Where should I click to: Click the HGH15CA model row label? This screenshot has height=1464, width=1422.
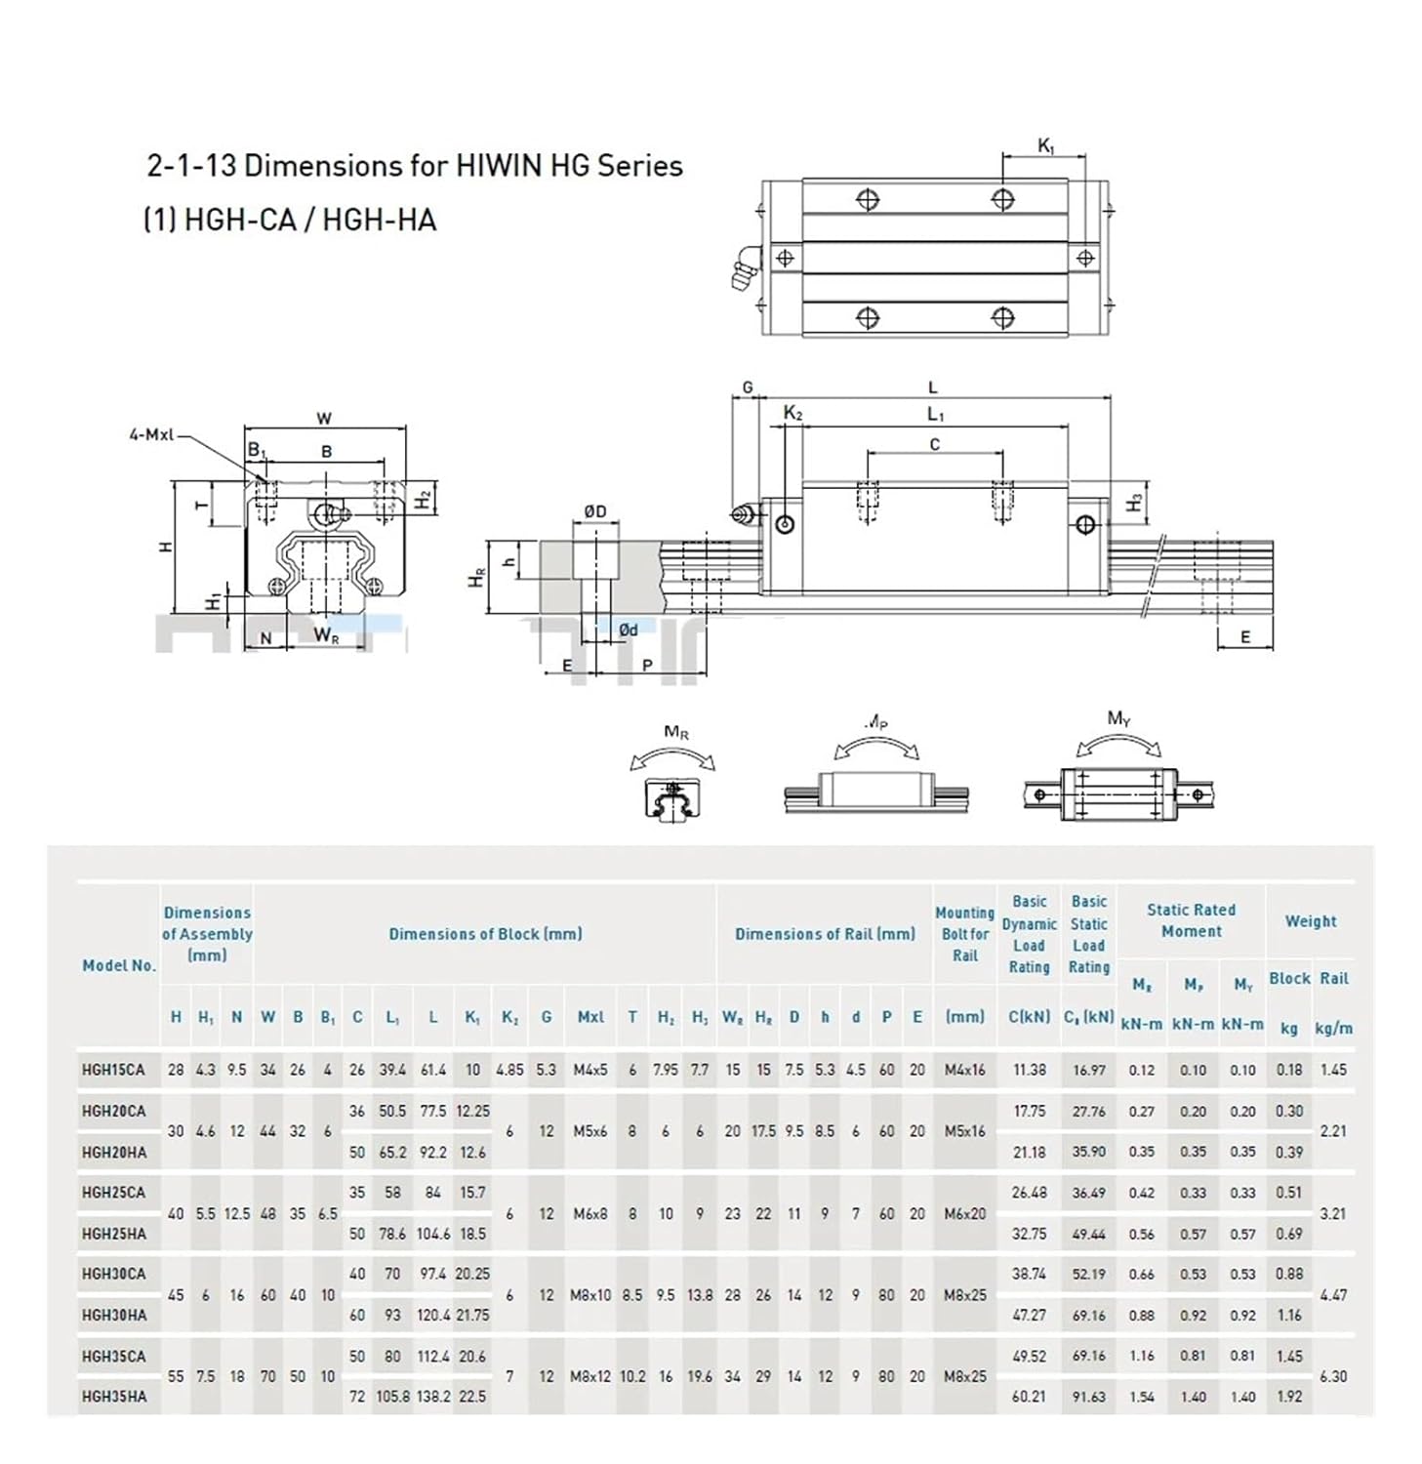113,1070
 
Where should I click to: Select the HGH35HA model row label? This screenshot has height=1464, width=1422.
114,1397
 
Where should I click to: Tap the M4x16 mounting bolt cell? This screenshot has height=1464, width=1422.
964,1070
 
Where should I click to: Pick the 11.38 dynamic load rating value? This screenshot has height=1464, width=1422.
1029,1070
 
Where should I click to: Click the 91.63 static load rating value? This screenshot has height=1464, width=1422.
1088,1397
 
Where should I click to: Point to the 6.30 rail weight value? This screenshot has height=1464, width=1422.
1332,1376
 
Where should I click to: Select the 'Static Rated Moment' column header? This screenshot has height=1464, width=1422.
1191,920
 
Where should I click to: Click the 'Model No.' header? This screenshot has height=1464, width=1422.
118,965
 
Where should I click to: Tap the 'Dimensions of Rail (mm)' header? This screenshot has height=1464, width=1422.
825,934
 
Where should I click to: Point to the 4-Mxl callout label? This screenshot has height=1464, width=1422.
150,434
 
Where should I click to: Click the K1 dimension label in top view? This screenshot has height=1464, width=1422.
1045,146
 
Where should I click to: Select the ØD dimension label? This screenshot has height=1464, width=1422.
594,511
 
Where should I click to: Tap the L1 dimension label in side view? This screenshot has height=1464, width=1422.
935,415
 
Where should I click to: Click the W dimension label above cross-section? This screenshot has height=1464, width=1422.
324,419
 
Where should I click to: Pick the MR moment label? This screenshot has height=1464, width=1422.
676,732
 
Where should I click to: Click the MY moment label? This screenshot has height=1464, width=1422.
1118,719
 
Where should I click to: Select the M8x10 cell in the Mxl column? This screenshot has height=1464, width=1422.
589,1295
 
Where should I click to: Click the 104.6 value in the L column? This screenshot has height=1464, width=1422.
433,1234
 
